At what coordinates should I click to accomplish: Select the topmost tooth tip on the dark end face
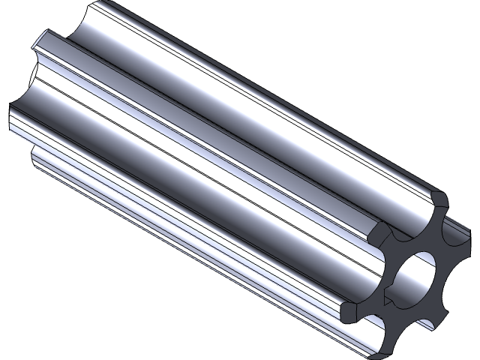[439, 201]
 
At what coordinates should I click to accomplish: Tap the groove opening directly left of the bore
[367, 274]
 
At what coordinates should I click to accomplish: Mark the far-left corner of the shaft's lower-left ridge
[12, 112]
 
